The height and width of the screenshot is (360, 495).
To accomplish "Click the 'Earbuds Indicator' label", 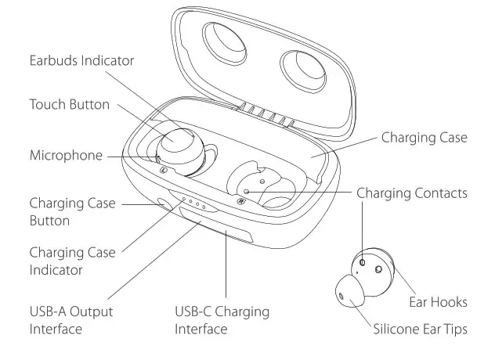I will click(x=82, y=60).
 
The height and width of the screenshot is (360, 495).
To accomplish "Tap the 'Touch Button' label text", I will click(x=70, y=104).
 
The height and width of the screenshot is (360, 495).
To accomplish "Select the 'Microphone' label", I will click(x=66, y=155).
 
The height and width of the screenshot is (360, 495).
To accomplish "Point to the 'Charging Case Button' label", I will click(x=72, y=212).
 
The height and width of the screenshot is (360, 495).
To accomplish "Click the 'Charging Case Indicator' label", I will click(x=72, y=261).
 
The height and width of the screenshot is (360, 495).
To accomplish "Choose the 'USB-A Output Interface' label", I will click(x=71, y=319).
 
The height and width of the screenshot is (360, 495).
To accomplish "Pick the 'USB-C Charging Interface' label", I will click(x=222, y=319).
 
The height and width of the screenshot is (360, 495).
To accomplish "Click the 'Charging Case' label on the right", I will click(x=424, y=138).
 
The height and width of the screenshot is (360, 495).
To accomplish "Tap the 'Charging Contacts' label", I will click(x=412, y=193).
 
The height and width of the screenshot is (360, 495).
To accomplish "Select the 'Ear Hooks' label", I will click(x=438, y=301).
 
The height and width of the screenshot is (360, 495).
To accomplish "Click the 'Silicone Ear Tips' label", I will click(x=420, y=329).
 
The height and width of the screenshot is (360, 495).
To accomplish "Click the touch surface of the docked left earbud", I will click(x=178, y=142).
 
